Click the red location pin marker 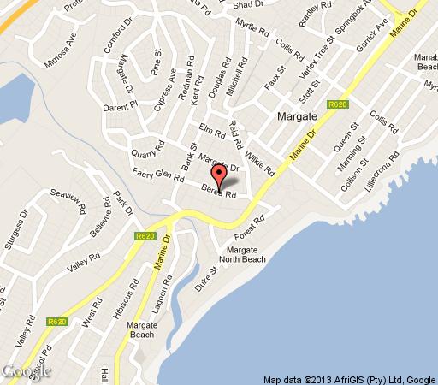tap(220, 176)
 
